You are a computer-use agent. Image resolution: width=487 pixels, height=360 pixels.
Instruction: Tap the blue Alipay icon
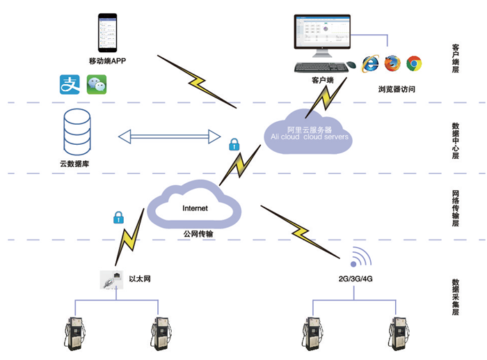point(70,86)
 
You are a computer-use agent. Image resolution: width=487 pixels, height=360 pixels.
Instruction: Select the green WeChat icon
point(97,86)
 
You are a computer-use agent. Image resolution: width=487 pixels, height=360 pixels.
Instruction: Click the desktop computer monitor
point(321,36)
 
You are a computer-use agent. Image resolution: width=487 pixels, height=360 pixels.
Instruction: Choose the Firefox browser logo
point(393,63)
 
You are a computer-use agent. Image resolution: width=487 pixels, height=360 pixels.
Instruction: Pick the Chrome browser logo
point(415,63)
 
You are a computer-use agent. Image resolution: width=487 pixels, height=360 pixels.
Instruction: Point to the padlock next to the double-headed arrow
point(234,145)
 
